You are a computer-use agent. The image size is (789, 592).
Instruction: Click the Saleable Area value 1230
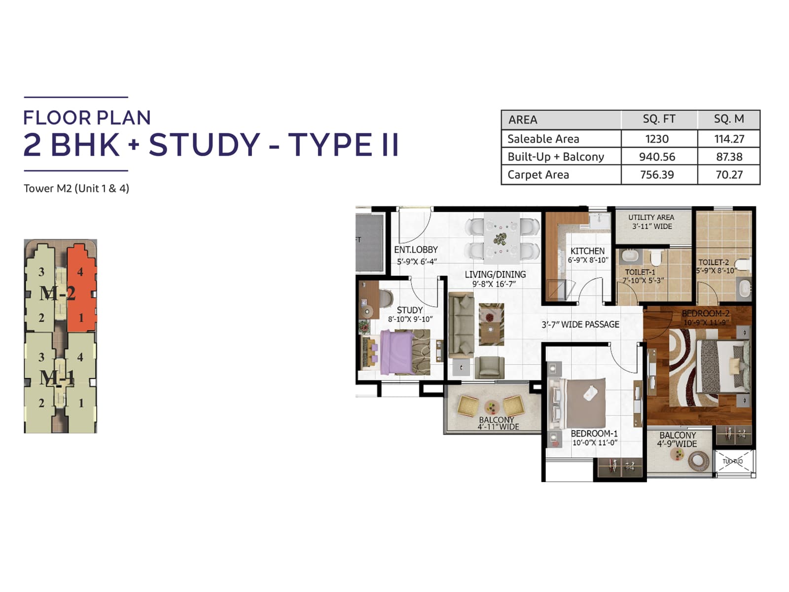tap(657, 139)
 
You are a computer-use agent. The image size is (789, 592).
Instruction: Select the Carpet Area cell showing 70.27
tap(729, 175)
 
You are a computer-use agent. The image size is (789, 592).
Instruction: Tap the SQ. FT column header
tap(659, 119)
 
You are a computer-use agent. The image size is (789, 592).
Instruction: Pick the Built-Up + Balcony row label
tap(556, 157)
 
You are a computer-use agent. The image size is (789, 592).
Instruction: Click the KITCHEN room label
tap(587, 251)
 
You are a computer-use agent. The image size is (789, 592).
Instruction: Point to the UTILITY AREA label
tap(651, 218)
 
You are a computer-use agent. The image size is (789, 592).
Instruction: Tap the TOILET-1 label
tap(640, 272)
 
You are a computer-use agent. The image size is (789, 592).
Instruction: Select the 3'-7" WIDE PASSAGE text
tap(580, 325)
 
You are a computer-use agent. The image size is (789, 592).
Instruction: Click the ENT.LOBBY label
tap(416, 250)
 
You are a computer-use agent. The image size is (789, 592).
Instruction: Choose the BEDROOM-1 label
tap(594, 434)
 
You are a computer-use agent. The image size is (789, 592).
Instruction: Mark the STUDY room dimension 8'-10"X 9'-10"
tap(410, 319)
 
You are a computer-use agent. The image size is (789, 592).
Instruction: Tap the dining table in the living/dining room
tap(502, 239)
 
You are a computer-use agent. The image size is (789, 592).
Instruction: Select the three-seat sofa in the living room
tap(461, 325)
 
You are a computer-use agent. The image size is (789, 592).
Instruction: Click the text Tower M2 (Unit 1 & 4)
tap(76, 188)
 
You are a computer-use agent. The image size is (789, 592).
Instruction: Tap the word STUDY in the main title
tap(204, 145)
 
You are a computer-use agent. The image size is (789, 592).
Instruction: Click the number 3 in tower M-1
tap(41, 357)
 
